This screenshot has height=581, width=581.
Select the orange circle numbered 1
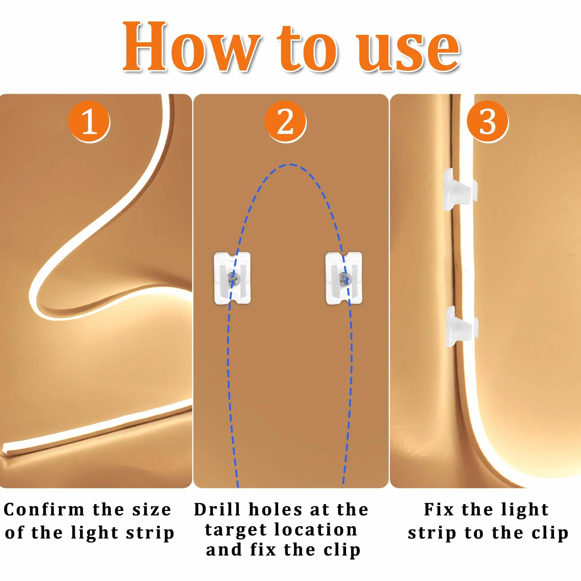point(89,121)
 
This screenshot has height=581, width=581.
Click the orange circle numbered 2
point(285,121)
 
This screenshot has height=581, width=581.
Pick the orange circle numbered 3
point(487,121)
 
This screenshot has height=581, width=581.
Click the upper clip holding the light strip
point(460,189)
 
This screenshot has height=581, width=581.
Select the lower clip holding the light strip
point(461,326)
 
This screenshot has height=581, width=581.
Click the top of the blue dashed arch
point(290,165)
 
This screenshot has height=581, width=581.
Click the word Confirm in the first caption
point(44,510)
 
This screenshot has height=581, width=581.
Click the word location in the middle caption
point(316,530)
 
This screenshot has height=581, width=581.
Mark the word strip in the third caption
point(432,534)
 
